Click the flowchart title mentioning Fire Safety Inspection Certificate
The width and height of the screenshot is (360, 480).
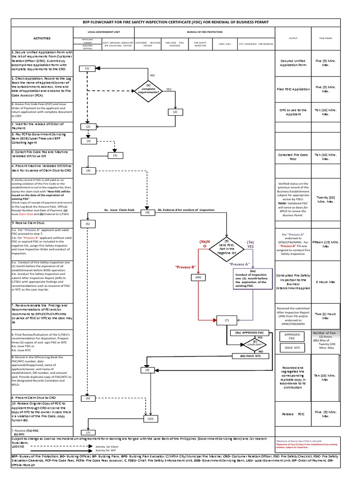(x=180, y=22)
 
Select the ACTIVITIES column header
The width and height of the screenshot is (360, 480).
(x=42, y=38)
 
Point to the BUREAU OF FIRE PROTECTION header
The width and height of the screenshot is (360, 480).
(x=204, y=32)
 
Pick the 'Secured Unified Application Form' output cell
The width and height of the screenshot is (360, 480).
(x=293, y=64)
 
